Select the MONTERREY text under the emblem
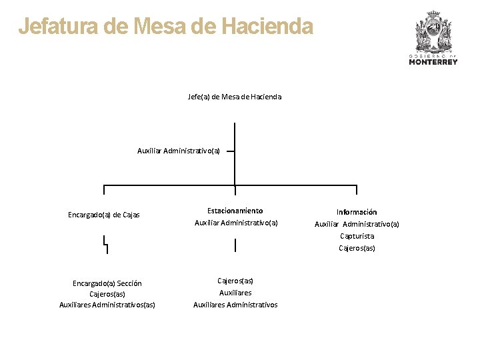click(x=433, y=62)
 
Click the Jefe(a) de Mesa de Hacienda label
click(x=235, y=97)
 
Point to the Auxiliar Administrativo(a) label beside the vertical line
click(x=179, y=151)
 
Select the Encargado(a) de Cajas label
click(x=104, y=215)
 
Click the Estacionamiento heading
click(x=235, y=211)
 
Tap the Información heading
click(x=357, y=212)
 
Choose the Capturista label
click(x=357, y=236)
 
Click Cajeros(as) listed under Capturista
click(x=357, y=248)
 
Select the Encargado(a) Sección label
click(x=107, y=283)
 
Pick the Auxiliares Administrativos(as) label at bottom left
click(x=107, y=305)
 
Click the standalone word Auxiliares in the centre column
click(x=235, y=293)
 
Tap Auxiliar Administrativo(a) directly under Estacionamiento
click(x=236, y=223)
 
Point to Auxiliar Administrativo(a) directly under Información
click(x=357, y=224)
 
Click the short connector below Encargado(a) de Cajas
click(x=105, y=245)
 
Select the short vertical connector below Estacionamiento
click(x=235, y=245)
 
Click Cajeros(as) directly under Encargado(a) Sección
click(x=107, y=294)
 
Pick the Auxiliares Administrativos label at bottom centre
click(x=235, y=305)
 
